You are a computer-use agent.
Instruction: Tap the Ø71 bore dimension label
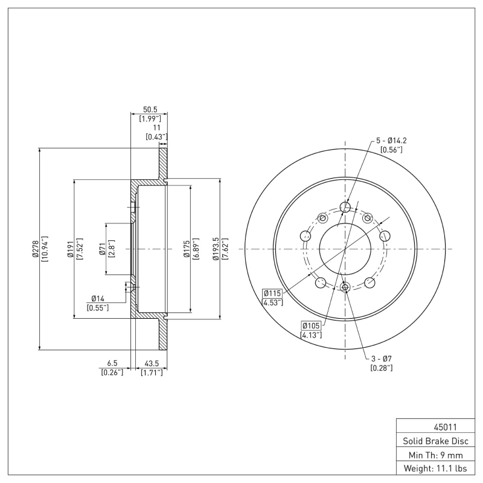pyautogui.click(x=103, y=249)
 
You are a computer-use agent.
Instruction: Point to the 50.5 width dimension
pyautogui.click(x=149, y=109)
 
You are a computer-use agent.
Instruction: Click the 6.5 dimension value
pyautogui.click(x=112, y=363)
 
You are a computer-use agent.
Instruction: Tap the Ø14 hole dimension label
pyautogui.click(x=98, y=298)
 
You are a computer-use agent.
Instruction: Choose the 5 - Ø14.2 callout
pyautogui.click(x=391, y=140)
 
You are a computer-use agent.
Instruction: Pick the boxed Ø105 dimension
pyautogui.click(x=312, y=326)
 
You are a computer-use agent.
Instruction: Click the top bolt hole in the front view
pyautogui.click(x=345, y=208)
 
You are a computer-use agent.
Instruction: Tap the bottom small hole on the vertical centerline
pyautogui.click(x=345, y=287)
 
